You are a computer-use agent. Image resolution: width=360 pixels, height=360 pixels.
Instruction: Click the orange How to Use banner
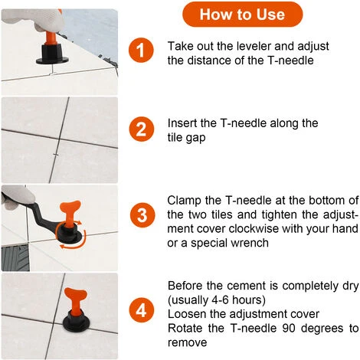point(242,15)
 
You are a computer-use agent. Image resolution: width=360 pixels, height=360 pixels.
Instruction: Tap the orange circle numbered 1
point(141,50)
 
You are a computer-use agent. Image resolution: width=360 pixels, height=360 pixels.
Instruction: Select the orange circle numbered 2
point(141,129)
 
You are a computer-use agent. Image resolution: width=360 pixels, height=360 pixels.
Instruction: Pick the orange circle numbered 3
point(142,215)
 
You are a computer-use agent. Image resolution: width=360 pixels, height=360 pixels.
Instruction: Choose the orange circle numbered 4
point(141,310)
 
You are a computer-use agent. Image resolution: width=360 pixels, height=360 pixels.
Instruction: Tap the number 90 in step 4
point(289,328)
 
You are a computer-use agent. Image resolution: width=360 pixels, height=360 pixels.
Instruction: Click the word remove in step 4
point(187,342)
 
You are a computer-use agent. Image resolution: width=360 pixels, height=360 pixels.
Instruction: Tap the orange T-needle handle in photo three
point(70,213)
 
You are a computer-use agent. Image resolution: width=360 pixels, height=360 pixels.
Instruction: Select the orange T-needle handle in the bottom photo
point(76,301)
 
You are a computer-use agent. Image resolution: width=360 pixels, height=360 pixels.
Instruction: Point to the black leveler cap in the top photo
point(52,54)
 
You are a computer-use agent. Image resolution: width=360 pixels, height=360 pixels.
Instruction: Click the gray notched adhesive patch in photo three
point(15,257)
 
